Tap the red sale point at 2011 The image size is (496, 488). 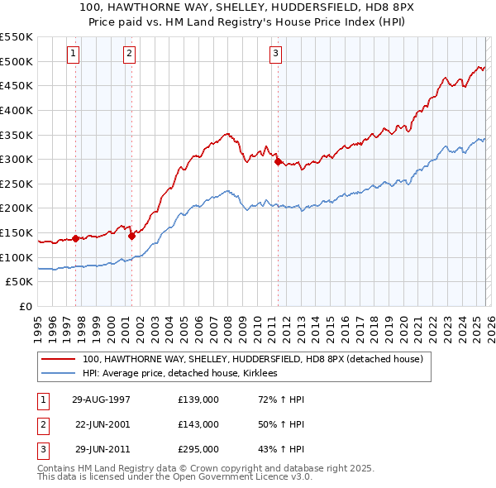point(278,161)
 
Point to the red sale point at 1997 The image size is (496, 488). point(76,238)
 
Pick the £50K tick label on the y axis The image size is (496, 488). point(19,282)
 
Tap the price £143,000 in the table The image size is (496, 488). point(198,424)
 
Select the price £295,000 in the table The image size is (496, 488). point(198,449)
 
